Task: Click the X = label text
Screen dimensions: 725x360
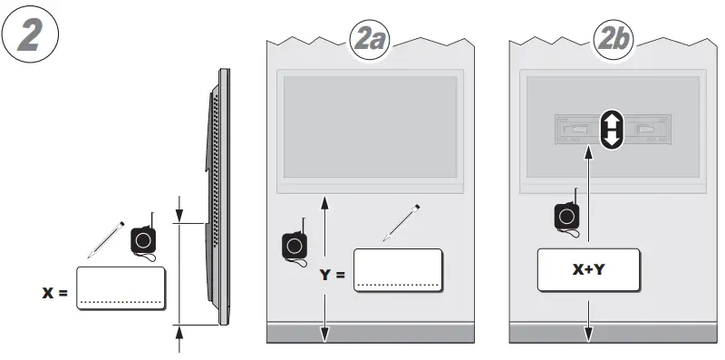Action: [55, 293]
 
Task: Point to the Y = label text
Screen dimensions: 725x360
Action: [332, 272]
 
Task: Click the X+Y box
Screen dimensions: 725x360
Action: [589, 269]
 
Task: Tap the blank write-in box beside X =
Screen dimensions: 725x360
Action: [121, 289]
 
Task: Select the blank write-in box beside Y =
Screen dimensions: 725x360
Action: [397, 269]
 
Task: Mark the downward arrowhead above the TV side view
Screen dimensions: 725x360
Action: [179, 215]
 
